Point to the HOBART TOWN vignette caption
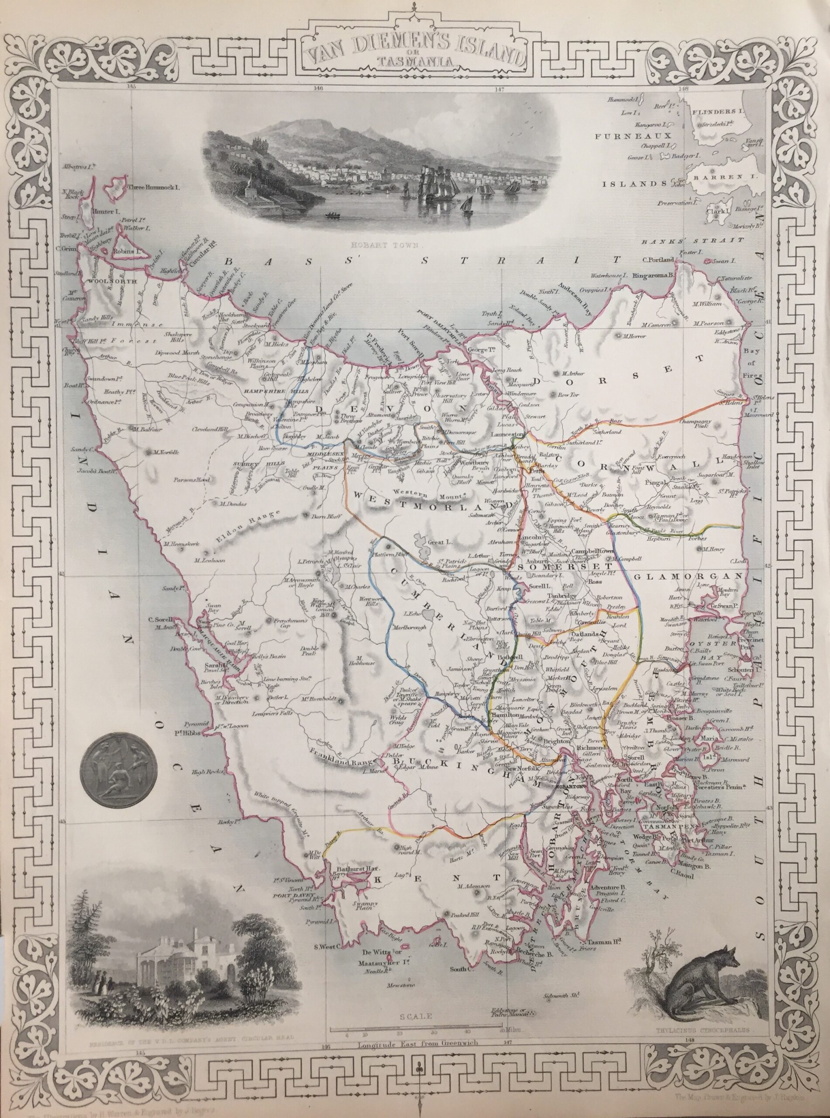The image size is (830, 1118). pos(389,246)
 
